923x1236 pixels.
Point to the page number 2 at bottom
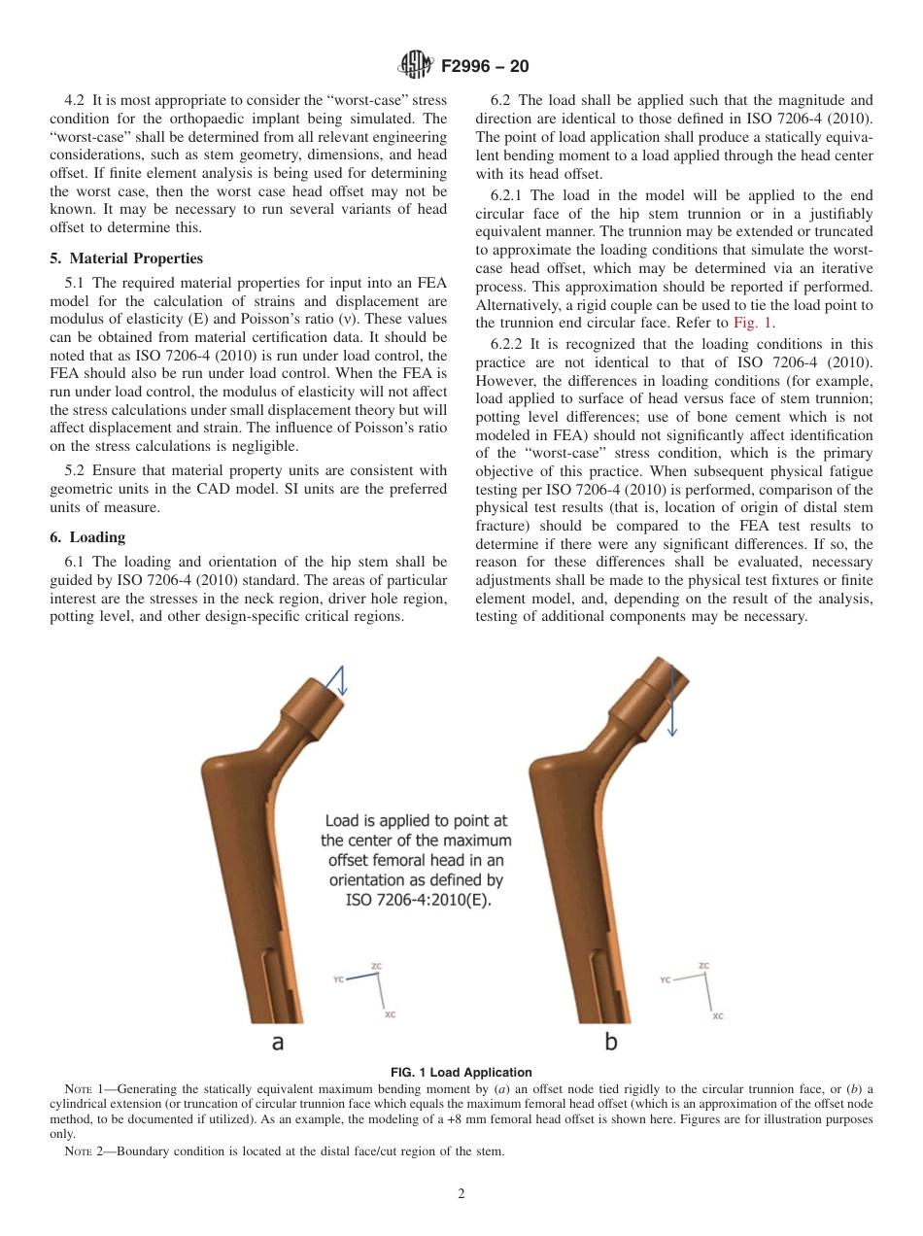tap(461, 1194)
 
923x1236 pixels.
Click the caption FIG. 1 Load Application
tap(461, 1073)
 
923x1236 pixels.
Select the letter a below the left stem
tap(277, 1042)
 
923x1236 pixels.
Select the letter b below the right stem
tap(611, 1042)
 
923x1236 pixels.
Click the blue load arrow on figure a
tap(338, 681)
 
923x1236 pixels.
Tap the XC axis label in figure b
tap(718, 1015)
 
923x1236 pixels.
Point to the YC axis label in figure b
tap(666, 980)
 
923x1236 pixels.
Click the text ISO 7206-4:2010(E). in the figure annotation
tap(419, 900)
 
